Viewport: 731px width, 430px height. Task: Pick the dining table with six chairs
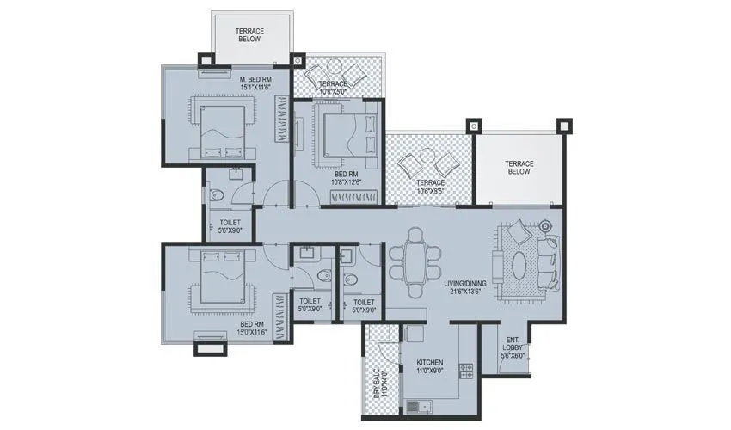point(415,255)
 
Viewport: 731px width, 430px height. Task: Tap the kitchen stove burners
point(468,372)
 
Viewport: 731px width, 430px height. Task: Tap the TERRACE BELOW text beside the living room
point(519,167)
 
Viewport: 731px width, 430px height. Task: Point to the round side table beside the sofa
point(547,226)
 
